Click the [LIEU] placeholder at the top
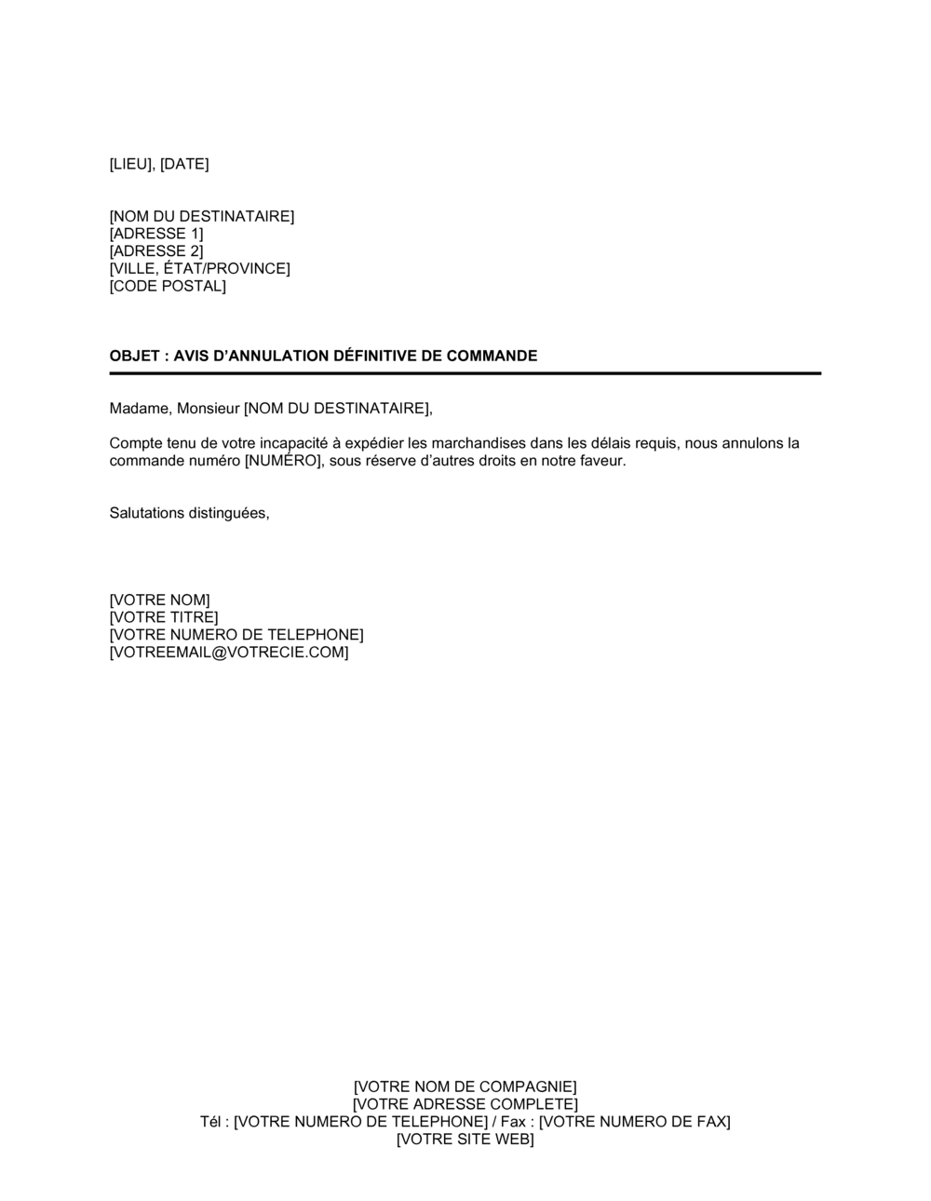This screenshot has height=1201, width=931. [132, 164]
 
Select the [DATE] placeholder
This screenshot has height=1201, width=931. [184, 164]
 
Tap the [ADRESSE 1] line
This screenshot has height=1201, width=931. [155, 234]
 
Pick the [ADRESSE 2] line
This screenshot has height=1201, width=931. [155, 251]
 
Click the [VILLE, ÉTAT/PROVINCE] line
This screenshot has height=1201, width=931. [199, 269]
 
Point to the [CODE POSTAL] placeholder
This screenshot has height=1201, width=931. [168, 286]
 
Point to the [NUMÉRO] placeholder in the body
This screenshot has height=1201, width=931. [282, 461]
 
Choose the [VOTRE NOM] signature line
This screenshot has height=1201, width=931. [159, 600]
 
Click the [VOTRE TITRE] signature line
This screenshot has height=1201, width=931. [164, 617]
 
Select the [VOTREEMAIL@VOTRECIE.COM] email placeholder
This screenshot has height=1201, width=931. [229, 653]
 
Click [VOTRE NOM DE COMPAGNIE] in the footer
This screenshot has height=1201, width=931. [465, 1086]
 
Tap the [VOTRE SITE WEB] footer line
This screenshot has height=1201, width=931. [465, 1140]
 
